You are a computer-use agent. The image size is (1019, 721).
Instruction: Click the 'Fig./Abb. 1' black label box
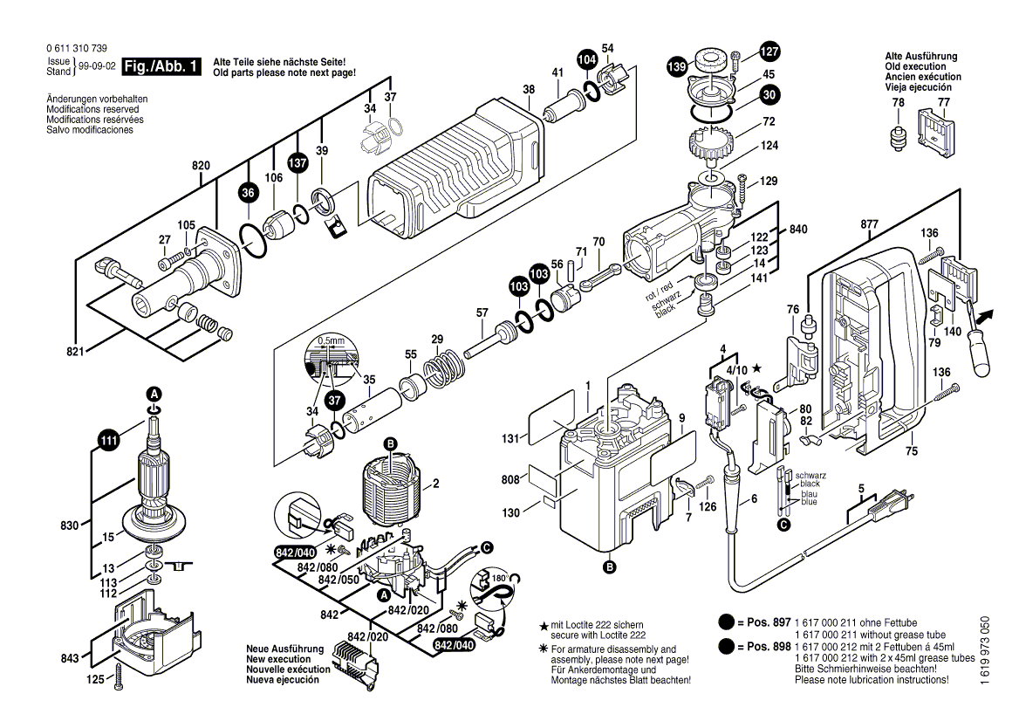tap(161, 66)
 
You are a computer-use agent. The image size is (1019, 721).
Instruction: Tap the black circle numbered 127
tap(769, 51)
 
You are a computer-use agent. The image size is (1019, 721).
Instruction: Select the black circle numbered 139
tap(676, 65)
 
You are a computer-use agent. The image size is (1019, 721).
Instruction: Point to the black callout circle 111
tap(107, 443)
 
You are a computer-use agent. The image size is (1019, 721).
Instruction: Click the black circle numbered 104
tap(587, 60)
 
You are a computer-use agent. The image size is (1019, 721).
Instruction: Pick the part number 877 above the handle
tap(869, 224)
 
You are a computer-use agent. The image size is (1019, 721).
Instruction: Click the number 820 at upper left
tap(201, 165)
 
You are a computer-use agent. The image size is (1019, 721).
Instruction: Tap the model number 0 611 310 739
tap(78, 48)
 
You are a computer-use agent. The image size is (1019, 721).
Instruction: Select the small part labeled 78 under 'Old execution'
tap(898, 137)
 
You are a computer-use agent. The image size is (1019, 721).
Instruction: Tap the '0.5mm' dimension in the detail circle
tap(331, 340)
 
